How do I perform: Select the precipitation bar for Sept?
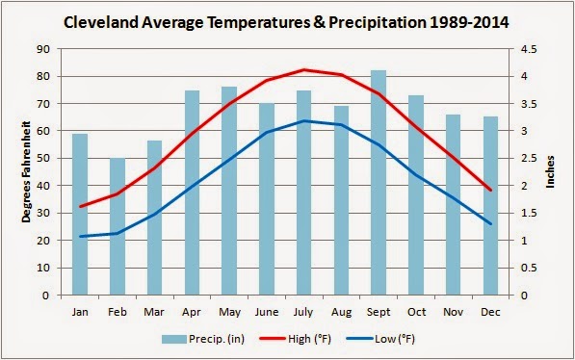[379, 183]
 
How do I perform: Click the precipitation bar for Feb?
[118, 227]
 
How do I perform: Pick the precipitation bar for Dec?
[490, 206]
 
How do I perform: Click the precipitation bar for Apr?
[192, 193]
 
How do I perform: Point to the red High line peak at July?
[304, 69]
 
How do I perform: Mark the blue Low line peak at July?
[304, 120]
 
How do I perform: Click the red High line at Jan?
[81, 206]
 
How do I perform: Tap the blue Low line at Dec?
[490, 224]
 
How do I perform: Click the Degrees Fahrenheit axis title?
[28, 171]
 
